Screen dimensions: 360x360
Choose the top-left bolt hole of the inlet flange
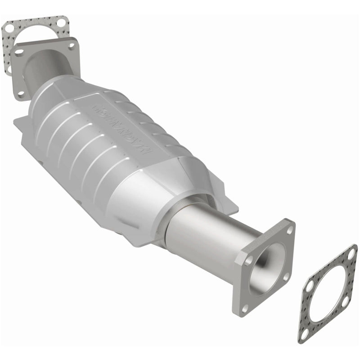19,52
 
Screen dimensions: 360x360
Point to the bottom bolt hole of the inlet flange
21,94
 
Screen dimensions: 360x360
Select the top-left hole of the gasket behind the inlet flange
10,28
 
